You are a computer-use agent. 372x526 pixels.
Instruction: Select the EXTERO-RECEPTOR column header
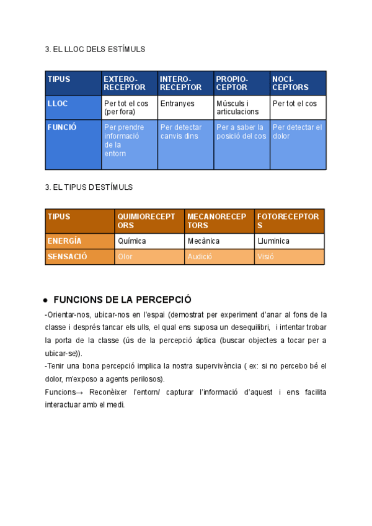[x=129, y=83]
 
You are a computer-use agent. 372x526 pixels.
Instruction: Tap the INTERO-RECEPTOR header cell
[x=185, y=83]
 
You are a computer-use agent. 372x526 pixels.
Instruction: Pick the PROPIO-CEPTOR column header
[x=241, y=83]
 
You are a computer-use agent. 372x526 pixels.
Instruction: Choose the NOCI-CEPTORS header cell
[x=298, y=83]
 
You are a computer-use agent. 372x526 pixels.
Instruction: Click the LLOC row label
[x=73, y=107]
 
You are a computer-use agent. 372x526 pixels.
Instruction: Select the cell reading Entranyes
[x=185, y=107]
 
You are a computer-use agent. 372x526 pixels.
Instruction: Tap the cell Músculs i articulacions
[x=241, y=107]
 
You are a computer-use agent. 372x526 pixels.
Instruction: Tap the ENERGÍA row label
[x=80, y=241]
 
